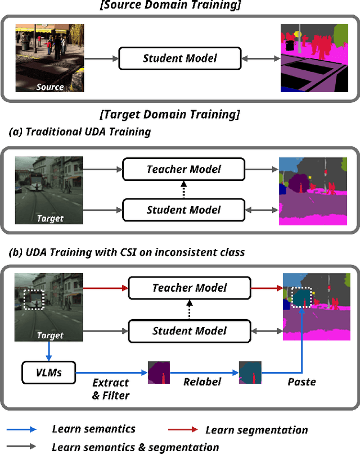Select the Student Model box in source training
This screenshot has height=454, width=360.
[179, 57]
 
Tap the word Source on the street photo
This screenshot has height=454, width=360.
[50, 87]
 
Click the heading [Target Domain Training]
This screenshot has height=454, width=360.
[169, 115]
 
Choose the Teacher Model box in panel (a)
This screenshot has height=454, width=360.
[183, 169]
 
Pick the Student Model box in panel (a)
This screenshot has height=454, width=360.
[183, 210]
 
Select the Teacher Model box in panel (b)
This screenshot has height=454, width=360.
[189, 288]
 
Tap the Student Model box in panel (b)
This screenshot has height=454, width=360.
[189, 330]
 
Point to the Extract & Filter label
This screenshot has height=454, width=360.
[111, 389]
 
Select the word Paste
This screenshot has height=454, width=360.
[301, 382]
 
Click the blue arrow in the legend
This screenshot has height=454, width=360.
[22, 429]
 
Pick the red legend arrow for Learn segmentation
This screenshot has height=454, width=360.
[184, 429]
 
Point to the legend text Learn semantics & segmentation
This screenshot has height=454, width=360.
[135, 447]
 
